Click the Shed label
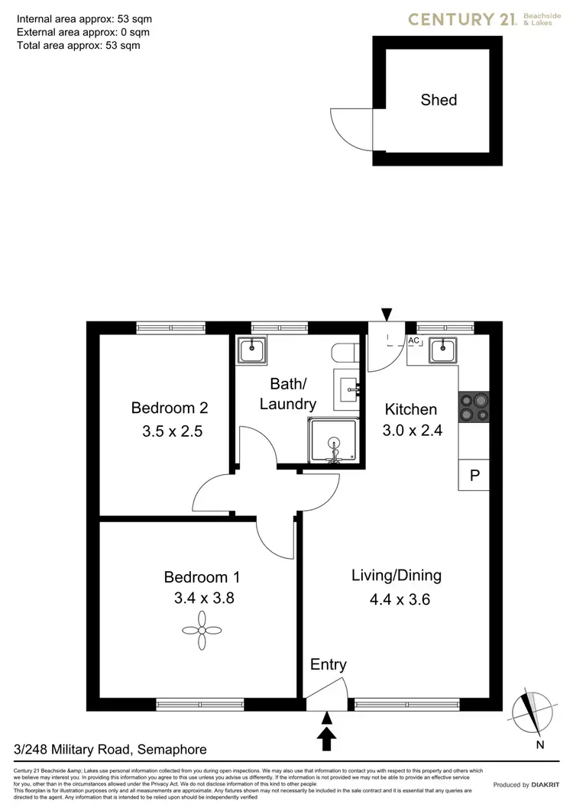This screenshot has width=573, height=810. pyautogui.click(x=439, y=100)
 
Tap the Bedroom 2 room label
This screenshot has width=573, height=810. pyautogui.click(x=169, y=408)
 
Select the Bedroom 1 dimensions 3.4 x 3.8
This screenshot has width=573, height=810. pyautogui.click(x=203, y=599)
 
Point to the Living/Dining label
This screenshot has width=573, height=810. pyautogui.click(x=397, y=576)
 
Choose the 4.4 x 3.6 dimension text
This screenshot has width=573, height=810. pyautogui.click(x=400, y=599)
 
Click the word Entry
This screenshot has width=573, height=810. pyautogui.click(x=328, y=665)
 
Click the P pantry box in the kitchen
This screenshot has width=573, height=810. pyautogui.click(x=474, y=476)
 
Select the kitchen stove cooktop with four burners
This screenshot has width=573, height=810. pyautogui.click(x=473, y=408)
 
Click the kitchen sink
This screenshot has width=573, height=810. pyautogui.click(x=442, y=350)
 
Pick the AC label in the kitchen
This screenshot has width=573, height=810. pyautogui.click(x=414, y=340)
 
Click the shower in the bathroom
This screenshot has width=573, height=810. pyautogui.click(x=333, y=442)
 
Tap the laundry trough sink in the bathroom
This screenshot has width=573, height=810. pyautogui.click(x=251, y=350)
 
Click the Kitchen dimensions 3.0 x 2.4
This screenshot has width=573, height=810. pyautogui.click(x=412, y=431)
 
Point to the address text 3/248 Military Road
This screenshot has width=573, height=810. pyautogui.click(x=111, y=750)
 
